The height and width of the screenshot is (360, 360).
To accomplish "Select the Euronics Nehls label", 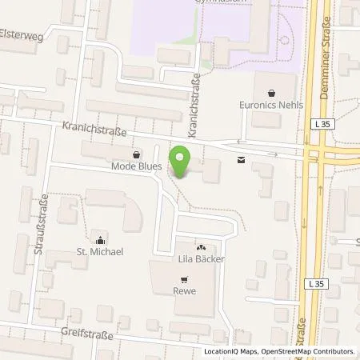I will tap(271, 104).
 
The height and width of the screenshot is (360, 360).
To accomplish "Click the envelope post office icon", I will tap(242, 160).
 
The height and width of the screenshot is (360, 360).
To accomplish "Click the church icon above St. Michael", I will tap(99, 238).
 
